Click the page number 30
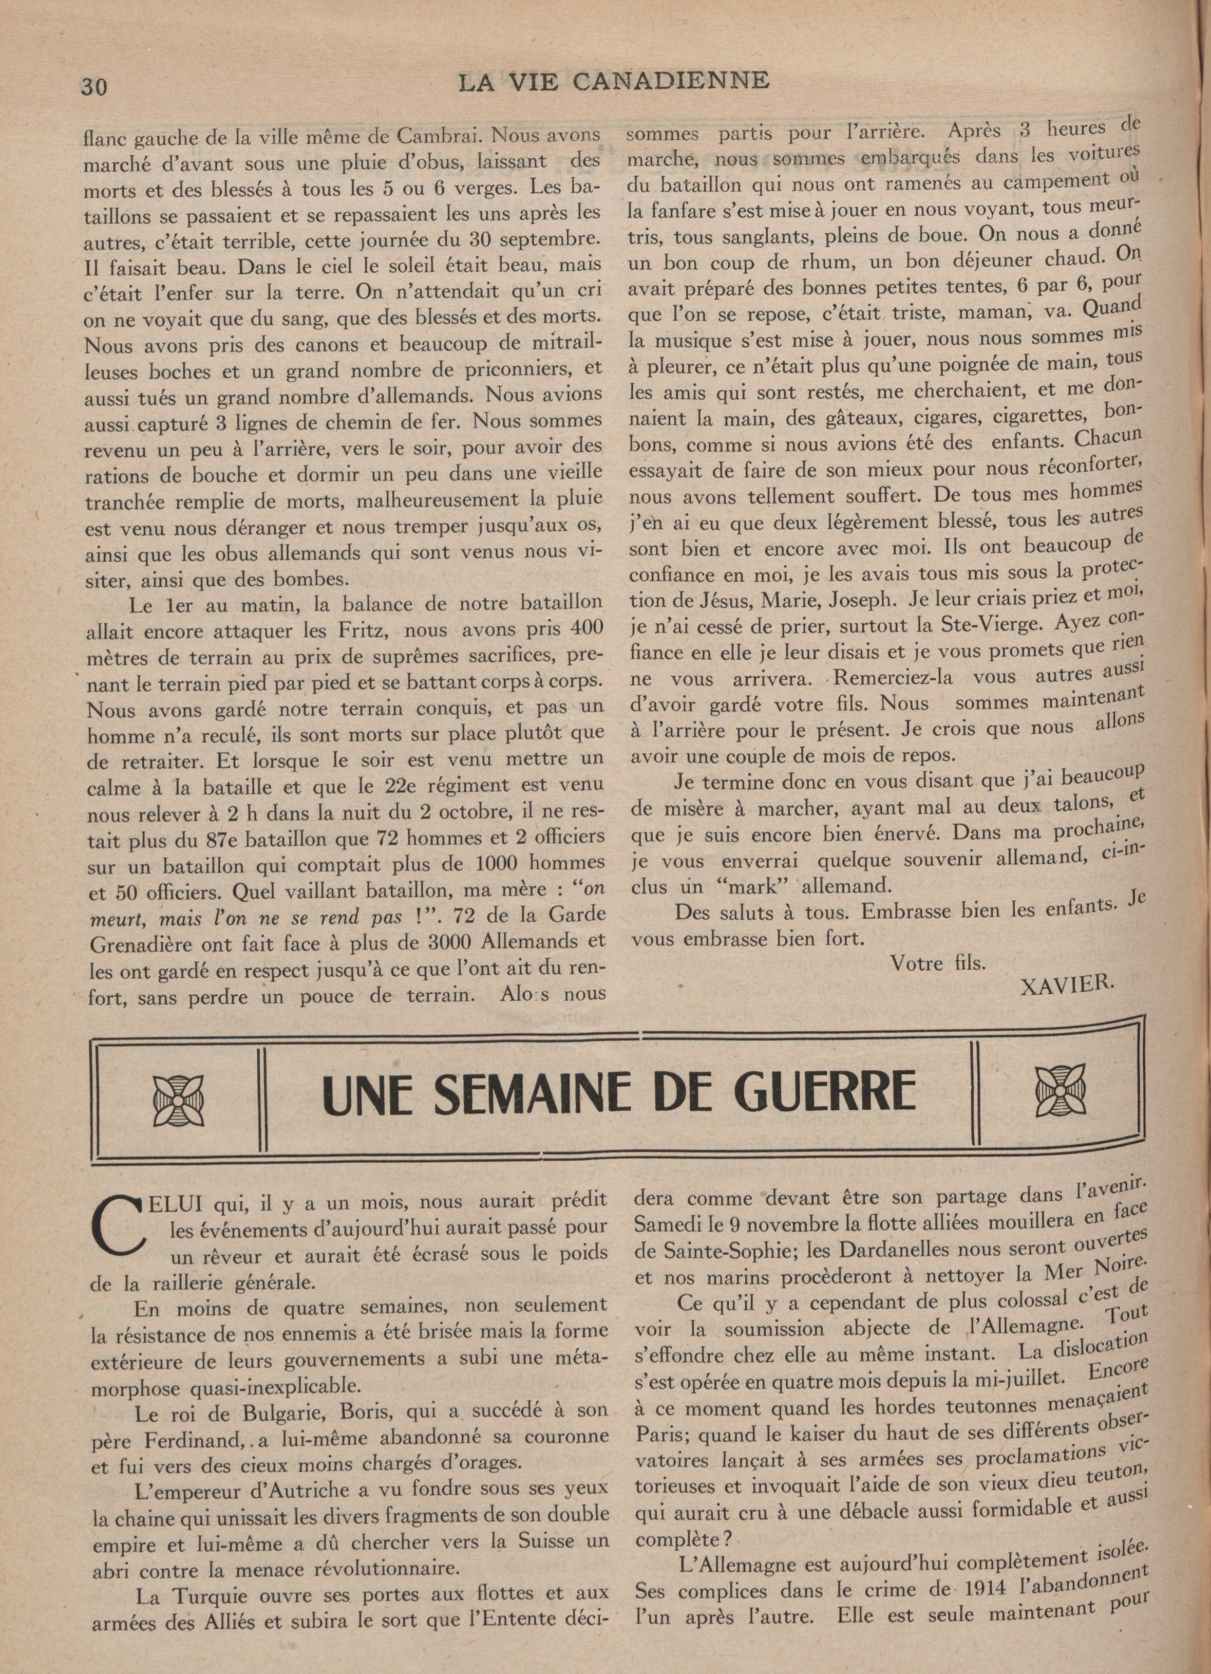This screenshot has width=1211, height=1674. click(94, 86)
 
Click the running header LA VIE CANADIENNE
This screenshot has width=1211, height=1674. click(613, 80)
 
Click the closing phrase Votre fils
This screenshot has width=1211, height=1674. click(938, 963)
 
